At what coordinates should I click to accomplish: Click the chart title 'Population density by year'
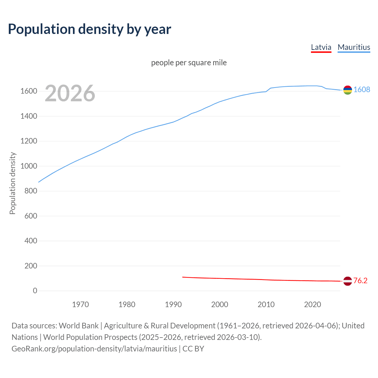[89, 29]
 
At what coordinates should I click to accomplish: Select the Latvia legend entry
[321, 47]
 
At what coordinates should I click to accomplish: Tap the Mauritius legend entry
[354, 47]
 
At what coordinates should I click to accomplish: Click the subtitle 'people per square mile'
[189, 63]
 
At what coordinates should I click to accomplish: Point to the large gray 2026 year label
[70, 93]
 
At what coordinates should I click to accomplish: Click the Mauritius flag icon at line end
[348, 90]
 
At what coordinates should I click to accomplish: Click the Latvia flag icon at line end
[348, 281]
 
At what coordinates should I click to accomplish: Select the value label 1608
[362, 89]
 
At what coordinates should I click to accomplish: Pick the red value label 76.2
[360, 281]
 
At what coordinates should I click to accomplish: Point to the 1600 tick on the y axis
[29, 91]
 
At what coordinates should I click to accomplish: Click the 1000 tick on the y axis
[29, 166]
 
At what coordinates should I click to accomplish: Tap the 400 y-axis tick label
[31, 241]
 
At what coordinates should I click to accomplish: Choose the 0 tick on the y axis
[35, 291]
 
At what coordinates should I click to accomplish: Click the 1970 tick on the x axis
[80, 304]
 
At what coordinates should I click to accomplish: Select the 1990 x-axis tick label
[173, 304]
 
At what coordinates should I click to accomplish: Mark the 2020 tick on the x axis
[312, 304]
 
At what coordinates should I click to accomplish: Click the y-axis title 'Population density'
[12, 183]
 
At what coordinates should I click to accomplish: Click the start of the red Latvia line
[183, 277]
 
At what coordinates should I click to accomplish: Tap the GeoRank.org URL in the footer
[94, 349]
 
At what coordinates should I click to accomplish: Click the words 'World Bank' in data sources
[79, 326]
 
